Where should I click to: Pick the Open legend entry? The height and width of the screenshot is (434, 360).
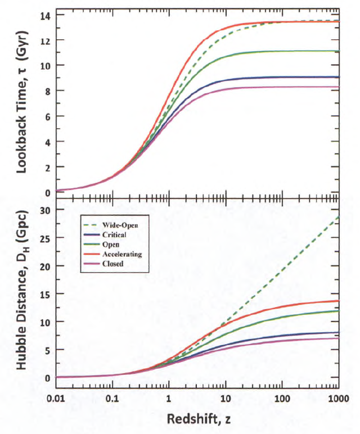(x=107, y=244)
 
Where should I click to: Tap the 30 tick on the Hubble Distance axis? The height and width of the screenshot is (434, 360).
(x=45, y=210)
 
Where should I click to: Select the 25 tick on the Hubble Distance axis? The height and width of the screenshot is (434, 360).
(x=45, y=238)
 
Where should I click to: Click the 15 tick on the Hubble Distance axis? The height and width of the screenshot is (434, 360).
(x=45, y=294)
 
